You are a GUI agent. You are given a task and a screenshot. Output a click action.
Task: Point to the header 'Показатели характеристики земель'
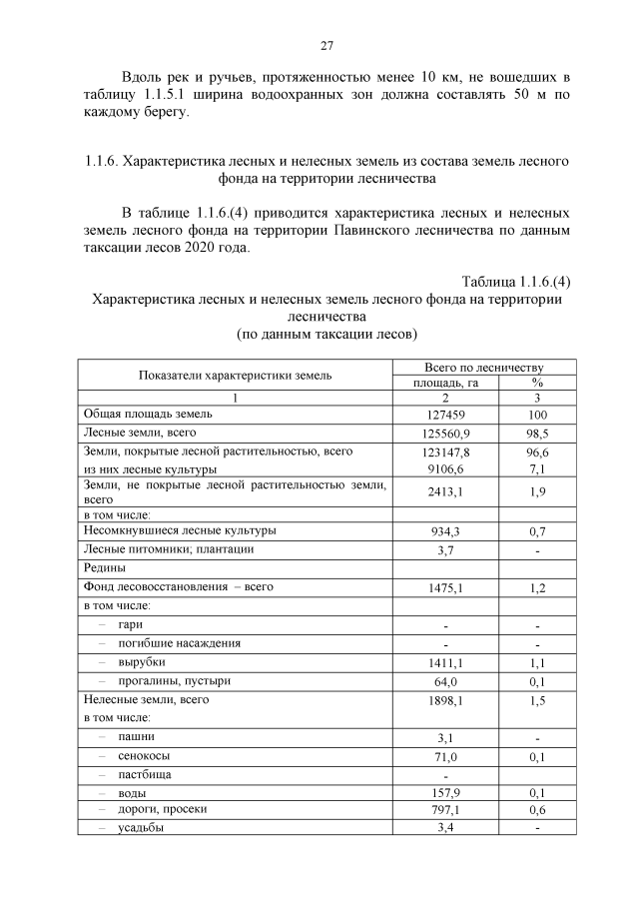tap(236, 375)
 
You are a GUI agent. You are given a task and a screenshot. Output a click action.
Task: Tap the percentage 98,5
tap(537, 434)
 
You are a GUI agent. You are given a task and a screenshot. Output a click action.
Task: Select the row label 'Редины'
tap(105, 567)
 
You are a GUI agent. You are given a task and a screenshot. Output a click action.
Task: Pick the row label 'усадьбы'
tap(142, 828)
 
